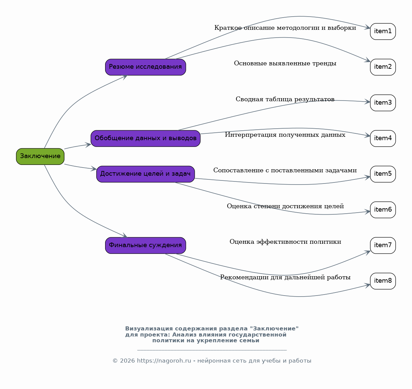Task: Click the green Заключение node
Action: click(40, 156)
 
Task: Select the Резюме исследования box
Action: click(145, 67)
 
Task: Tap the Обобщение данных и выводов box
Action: click(145, 138)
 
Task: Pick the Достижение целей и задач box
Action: click(145, 174)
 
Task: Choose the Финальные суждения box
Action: click(145, 245)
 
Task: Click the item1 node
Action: click(383, 31)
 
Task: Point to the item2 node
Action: click(383, 67)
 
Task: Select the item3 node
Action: click(383, 103)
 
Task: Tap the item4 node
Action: click(383, 138)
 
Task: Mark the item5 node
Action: click(383, 174)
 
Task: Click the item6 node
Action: click(383, 210)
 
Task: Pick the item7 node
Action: click(383, 245)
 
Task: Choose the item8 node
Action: click(383, 281)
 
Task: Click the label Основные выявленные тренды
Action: click(285, 63)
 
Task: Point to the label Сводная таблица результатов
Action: click(285, 99)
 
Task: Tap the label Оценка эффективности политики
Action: click(285, 242)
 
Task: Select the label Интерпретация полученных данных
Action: click(285, 135)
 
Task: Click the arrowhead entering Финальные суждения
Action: click(125, 236)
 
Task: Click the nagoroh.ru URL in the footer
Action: click(164, 361)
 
